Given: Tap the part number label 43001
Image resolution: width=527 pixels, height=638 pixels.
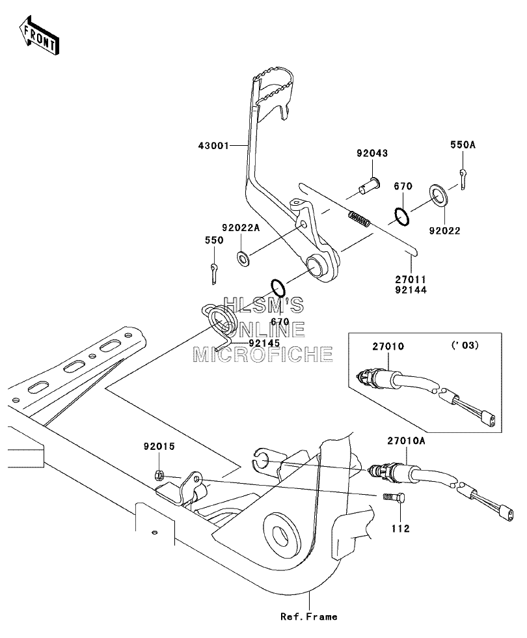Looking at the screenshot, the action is pyautogui.click(x=214, y=145).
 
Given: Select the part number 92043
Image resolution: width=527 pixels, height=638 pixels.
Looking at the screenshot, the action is pyautogui.click(x=372, y=153).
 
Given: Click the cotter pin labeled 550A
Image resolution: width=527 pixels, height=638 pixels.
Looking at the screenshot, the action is pyautogui.click(x=463, y=179).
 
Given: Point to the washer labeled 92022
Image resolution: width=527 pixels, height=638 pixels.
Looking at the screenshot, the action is pyautogui.click(x=439, y=195).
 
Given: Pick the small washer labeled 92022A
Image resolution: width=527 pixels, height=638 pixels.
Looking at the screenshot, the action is pyautogui.click(x=243, y=258).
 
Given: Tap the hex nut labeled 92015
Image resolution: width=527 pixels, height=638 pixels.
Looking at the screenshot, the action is pyautogui.click(x=159, y=475).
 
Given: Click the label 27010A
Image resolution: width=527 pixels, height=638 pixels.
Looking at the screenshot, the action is pyautogui.click(x=406, y=441).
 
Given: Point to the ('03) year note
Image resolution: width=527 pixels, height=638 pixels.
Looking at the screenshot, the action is pyautogui.click(x=465, y=346).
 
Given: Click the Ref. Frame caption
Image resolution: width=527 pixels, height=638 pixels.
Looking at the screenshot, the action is pyautogui.click(x=308, y=617).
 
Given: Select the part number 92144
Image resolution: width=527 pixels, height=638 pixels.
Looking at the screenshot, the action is pyautogui.click(x=411, y=290).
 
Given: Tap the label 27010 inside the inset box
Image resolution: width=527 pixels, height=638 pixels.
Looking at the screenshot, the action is pyautogui.click(x=388, y=346).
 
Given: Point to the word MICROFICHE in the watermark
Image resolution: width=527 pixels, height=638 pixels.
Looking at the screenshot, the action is pyautogui.click(x=263, y=355).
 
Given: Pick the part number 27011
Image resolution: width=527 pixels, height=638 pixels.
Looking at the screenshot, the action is pyautogui.click(x=411, y=280).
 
